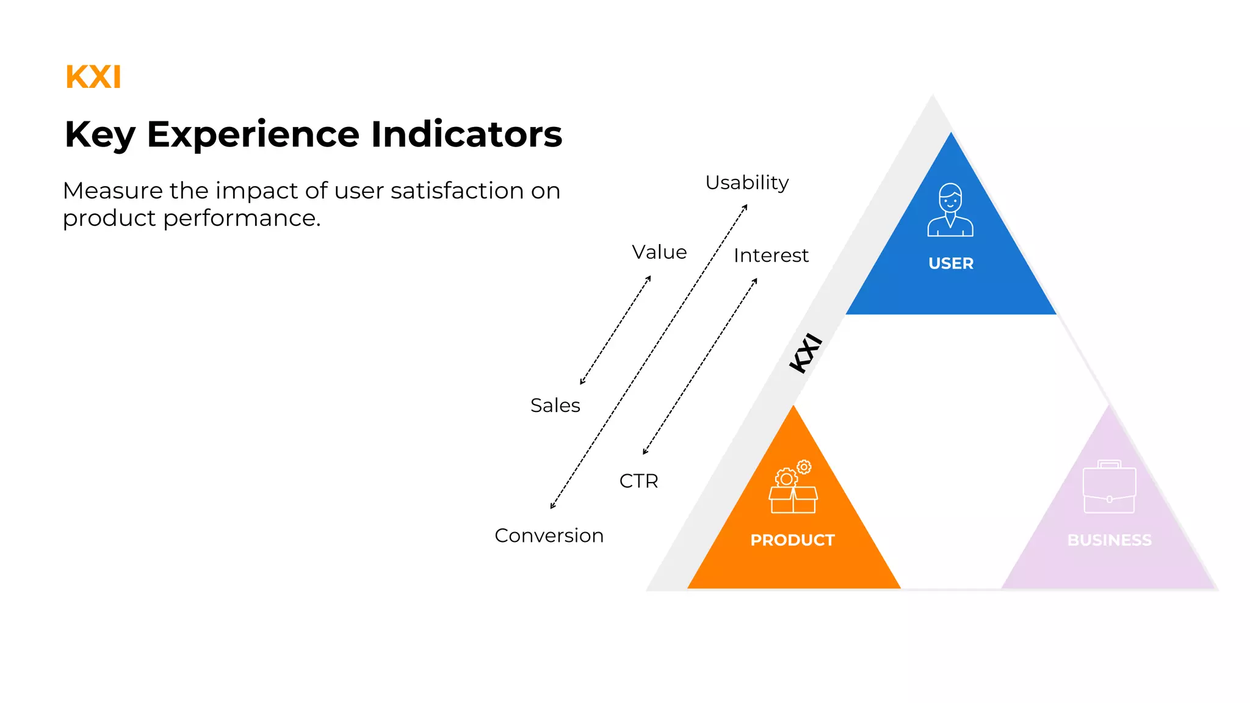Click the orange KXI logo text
click(x=93, y=78)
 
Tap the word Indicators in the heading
click(x=466, y=135)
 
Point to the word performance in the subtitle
click(x=242, y=218)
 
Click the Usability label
click(x=747, y=182)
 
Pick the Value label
click(x=659, y=252)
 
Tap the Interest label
click(x=771, y=255)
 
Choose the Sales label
click(x=555, y=405)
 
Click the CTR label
click(x=638, y=481)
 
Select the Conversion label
click(x=549, y=535)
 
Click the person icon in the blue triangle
click(x=950, y=210)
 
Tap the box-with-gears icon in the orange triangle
click(x=793, y=487)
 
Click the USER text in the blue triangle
click(x=951, y=264)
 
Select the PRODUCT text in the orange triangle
click(x=792, y=540)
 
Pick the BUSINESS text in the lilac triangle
click(x=1109, y=540)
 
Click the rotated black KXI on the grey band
click(x=806, y=353)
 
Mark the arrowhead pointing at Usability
click(x=745, y=207)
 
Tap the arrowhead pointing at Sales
click(x=582, y=382)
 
